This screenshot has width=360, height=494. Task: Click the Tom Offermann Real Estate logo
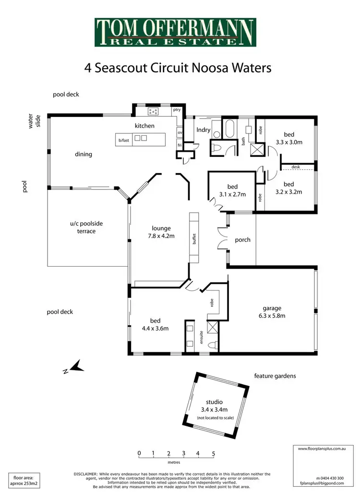175,32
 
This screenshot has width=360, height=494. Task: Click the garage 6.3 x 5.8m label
271,312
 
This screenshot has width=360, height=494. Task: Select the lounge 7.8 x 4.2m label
161,232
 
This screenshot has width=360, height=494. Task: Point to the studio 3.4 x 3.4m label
215,406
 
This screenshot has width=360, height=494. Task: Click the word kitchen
144,126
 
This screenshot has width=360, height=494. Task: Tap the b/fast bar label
124,140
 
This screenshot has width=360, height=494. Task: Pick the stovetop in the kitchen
154,112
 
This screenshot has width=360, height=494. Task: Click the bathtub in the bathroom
229,129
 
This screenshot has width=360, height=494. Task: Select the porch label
242,240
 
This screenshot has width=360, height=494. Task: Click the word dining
84,154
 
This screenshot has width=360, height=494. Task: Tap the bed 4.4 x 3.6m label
155,324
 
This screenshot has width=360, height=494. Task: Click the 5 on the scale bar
213,453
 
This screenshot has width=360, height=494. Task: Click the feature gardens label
275,376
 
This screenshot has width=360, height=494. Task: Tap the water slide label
34,120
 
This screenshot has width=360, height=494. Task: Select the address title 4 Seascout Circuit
178,68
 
